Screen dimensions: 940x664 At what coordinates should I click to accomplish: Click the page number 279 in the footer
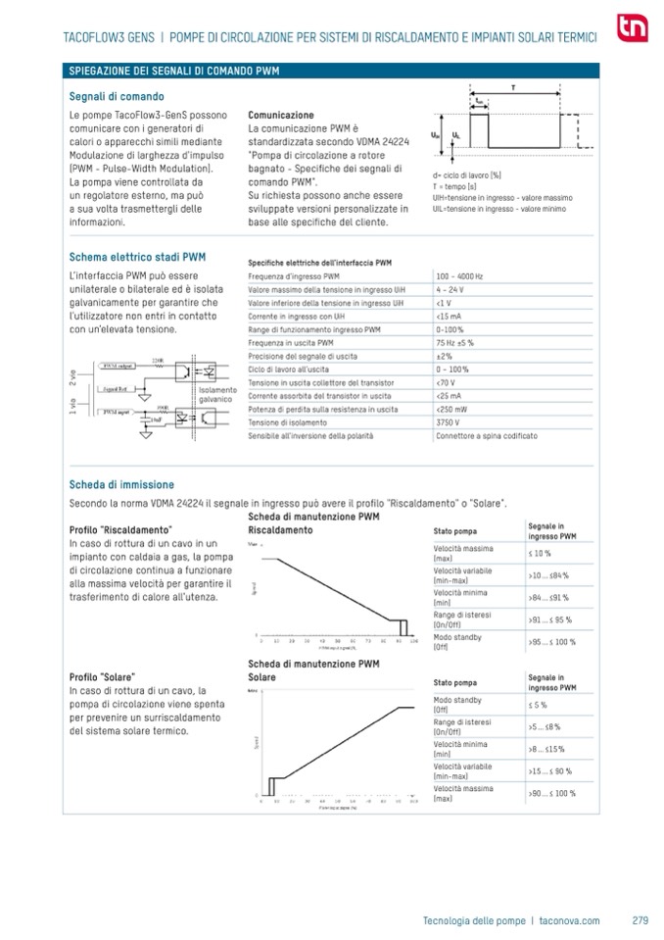pyautogui.click(x=641, y=920)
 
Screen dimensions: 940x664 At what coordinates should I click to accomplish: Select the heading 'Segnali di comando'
pyautogui.click(x=117, y=96)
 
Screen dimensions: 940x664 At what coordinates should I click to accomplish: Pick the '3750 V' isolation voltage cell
pyautogui.click(x=450, y=421)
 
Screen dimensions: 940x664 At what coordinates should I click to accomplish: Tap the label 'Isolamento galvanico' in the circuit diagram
pyautogui.click(x=216, y=395)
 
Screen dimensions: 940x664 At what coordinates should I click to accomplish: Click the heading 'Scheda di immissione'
pyautogui.click(x=121, y=484)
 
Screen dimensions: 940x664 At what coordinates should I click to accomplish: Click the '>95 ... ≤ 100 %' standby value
pyautogui.click(x=552, y=642)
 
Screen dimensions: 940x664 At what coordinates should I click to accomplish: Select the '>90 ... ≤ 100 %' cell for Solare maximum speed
pyautogui.click(x=552, y=793)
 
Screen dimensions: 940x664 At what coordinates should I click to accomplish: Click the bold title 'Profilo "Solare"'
pyautogui.click(x=102, y=677)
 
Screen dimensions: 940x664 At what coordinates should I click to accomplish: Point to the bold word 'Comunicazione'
pyautogui.click(x=281, y=115)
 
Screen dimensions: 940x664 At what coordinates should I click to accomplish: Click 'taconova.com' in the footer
pyautogui.click(x=569, y=920)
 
